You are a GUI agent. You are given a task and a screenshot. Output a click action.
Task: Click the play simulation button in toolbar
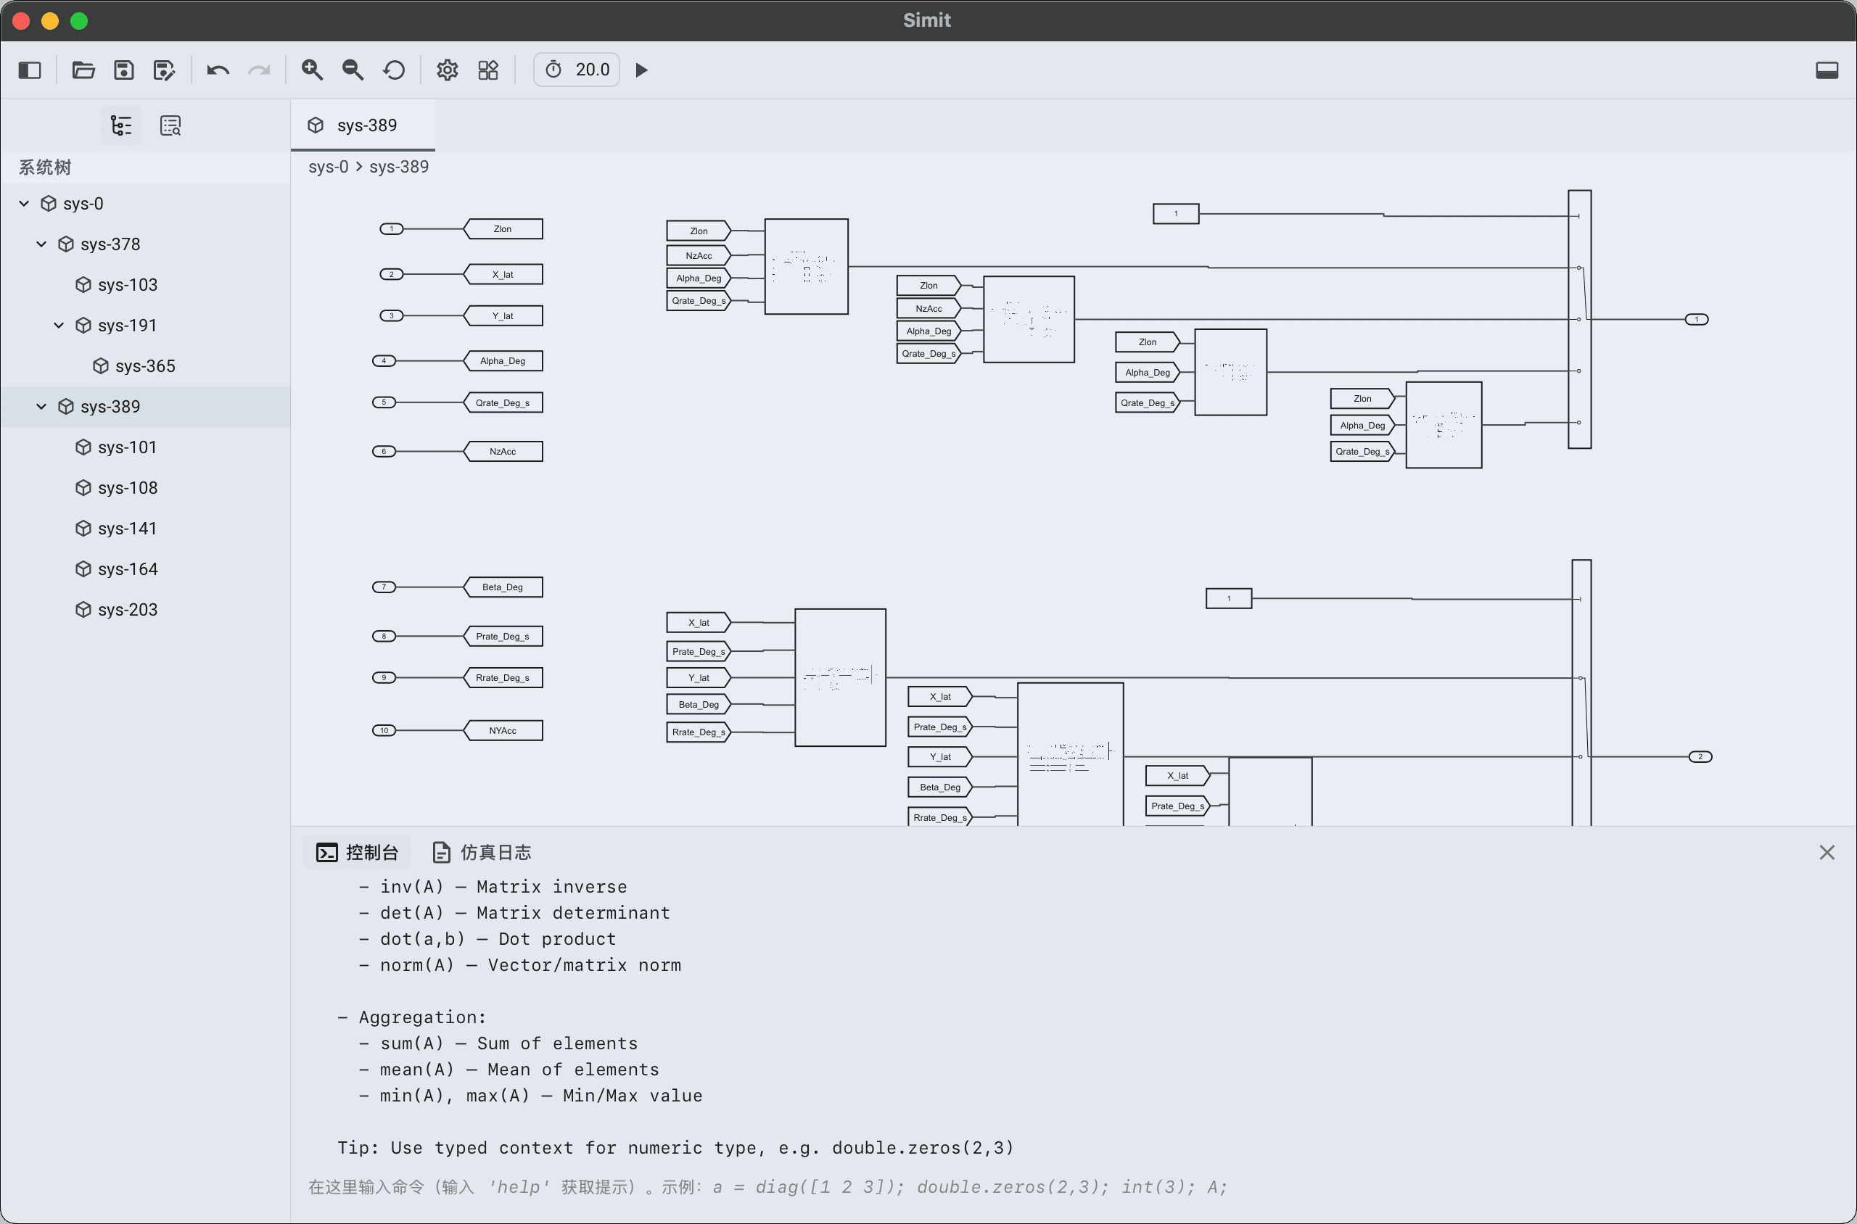click(641, 70)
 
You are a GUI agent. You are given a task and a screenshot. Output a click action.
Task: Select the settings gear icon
click(447, 70)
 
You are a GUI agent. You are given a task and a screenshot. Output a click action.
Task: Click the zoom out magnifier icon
click(353, 70)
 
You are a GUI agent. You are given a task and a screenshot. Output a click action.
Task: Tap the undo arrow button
click(218, 70)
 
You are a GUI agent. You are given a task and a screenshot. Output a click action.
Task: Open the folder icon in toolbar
click(83, 70)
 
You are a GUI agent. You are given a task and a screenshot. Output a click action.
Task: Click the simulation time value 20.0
click(592, 70)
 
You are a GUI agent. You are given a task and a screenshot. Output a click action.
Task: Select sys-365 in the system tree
click(144, 366)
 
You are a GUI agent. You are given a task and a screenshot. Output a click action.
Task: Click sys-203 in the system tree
click(127, 610)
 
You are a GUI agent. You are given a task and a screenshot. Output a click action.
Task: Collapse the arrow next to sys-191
click(59, 326)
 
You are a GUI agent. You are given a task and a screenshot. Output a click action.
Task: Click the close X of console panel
click(1827, 853)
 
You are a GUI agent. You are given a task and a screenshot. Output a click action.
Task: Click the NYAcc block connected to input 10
click(503, 731)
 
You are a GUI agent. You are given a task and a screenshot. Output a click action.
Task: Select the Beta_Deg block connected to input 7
click(503, 587)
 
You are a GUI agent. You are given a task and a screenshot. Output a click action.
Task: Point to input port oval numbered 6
click(384, 451)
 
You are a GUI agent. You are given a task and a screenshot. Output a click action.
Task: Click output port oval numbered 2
click(1700, 756)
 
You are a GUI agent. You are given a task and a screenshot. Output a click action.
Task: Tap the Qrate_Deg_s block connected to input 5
click(503, 402)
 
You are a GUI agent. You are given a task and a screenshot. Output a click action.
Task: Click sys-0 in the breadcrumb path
click(328, 166)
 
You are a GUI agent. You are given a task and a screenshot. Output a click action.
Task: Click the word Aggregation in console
click(421, 1017)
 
